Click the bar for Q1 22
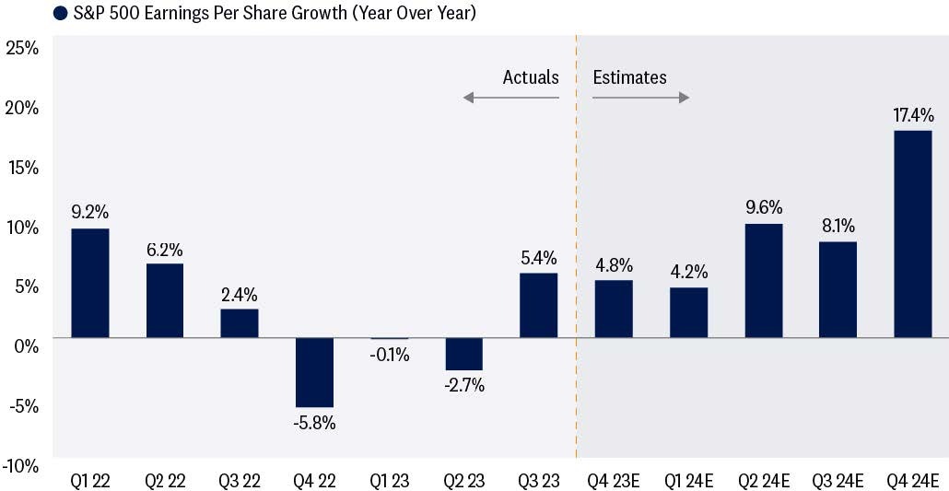90,283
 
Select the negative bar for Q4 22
315,372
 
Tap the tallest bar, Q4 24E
913,234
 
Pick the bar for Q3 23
539,305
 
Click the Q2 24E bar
763,281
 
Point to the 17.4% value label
913,114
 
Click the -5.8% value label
315,423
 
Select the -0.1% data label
389,355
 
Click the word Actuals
531,77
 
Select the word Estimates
629,77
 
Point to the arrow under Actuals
510,98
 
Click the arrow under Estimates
640,98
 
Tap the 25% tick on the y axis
22,49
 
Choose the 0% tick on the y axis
27,347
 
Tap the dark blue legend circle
60,13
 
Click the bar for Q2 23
464,354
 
